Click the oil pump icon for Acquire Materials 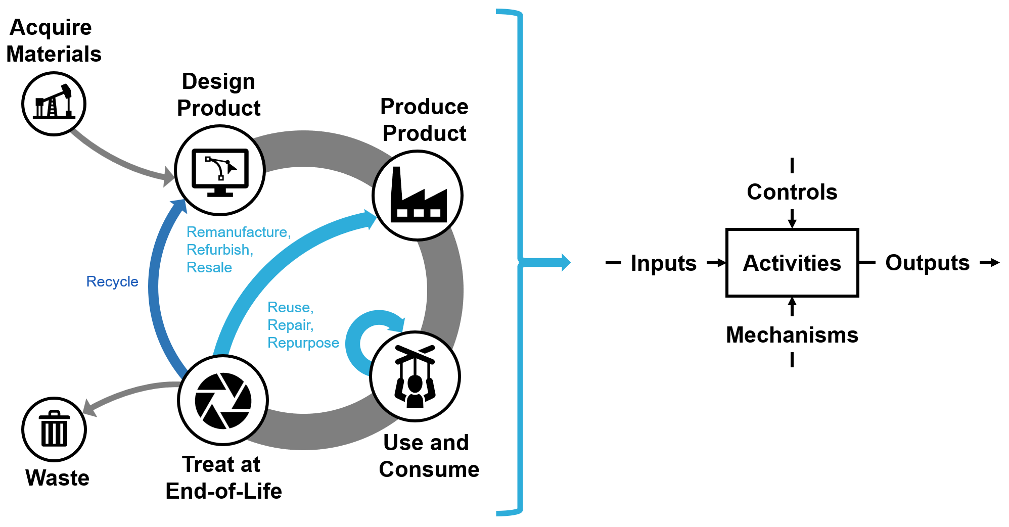[x=54, y=104]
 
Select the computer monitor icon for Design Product [x=220, y=171]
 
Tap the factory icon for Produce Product [x=418, y=195]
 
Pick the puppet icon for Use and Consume [x=415, y=376]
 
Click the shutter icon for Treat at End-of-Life [x=223, y=400]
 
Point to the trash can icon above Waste [x=54, y=429]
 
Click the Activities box [x=792, y=263]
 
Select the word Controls [x=792, y=192]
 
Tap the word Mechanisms [x=792, y=335]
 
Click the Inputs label [x=663, y=263]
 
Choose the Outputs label [x=927, y=263]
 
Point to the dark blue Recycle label [x=112, y=281]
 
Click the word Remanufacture [x=238, y=232]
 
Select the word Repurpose [x=303, y=343]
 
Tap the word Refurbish [x=219, y=250]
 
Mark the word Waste [x=57, y=478]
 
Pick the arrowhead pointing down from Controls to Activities [x=792, y=223]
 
